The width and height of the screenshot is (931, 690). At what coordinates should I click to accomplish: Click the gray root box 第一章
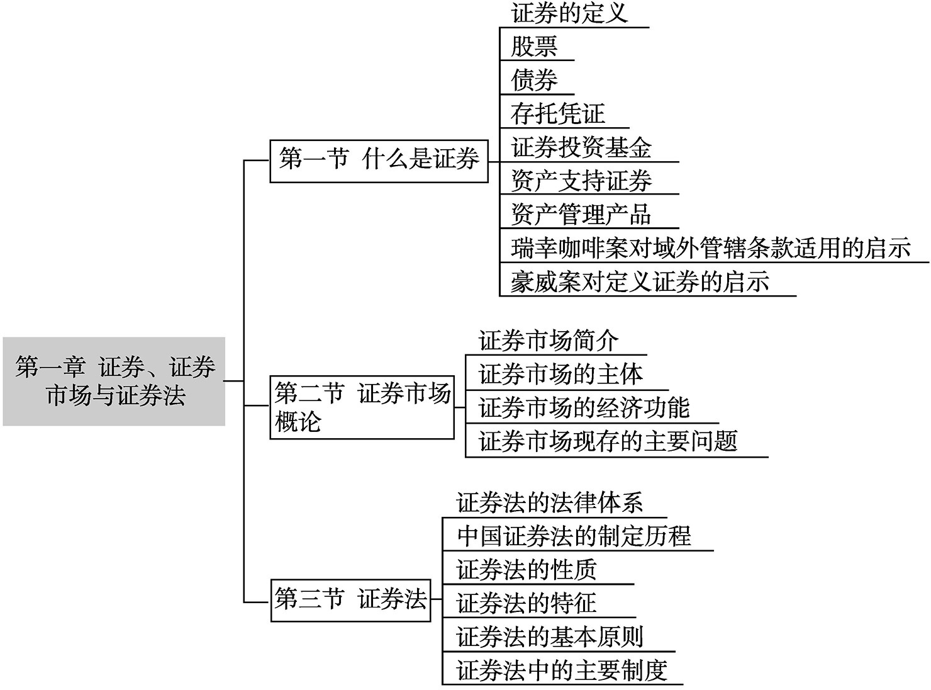114,381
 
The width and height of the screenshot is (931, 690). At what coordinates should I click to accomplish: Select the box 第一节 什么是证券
379,161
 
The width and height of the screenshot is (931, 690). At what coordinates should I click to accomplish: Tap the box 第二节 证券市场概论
362,407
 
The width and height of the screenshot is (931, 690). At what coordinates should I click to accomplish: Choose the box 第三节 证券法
350,599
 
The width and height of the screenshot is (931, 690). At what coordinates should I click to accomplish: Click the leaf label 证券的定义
569,13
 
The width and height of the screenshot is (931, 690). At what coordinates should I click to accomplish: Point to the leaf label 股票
534,46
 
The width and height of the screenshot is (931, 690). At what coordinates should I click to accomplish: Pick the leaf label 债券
534,80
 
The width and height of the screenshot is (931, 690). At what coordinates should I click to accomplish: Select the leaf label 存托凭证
558,113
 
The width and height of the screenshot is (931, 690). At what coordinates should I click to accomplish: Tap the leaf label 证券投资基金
581,147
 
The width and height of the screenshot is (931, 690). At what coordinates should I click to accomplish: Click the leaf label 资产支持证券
581,181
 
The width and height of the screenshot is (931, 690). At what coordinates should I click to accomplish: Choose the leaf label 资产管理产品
581,214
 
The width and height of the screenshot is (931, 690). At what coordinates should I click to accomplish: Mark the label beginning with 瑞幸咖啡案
711,248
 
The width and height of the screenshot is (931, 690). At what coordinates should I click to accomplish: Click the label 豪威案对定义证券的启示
640,281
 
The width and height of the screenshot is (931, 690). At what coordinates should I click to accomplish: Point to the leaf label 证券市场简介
548,341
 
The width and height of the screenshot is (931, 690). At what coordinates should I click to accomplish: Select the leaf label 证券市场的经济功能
584,407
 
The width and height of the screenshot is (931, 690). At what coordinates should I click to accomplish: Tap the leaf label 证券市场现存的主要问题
608,441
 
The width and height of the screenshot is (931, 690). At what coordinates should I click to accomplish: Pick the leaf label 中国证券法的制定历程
574,536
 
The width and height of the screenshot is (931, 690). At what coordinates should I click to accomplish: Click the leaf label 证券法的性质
527,570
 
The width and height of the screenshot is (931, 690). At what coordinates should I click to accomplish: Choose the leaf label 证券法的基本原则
550,637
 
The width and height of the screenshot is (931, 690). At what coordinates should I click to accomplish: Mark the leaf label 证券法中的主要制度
562,670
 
